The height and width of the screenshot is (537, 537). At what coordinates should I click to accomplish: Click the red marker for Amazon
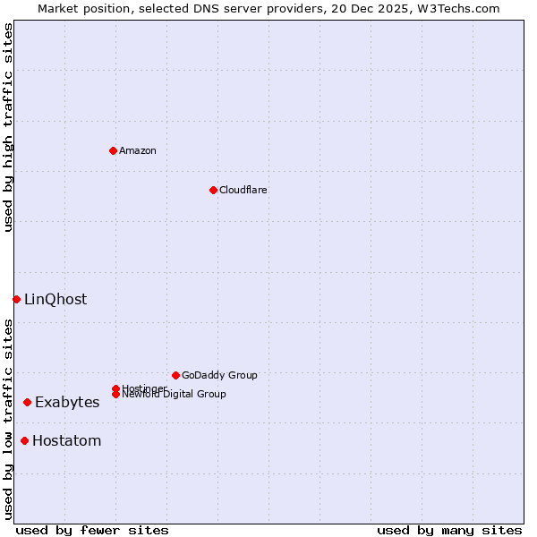(113, 150)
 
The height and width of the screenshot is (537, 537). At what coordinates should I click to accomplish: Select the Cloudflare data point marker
(213, 190)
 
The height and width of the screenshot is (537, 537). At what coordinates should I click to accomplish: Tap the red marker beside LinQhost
(16, 299)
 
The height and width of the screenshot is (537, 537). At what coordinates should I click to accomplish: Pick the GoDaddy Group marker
(175, 375)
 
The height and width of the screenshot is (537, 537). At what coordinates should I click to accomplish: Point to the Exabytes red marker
(27, 403)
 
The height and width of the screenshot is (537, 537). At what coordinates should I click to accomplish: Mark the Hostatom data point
(24, 440)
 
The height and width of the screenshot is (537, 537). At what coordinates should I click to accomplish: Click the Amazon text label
(138, 150)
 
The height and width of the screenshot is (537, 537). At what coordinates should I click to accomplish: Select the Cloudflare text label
(243, 190)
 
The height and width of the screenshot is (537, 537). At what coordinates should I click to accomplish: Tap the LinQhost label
(55, 299)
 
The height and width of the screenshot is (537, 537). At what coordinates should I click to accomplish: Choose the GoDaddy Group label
(219, 375)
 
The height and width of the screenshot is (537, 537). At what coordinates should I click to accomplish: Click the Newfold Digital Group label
(174, 395)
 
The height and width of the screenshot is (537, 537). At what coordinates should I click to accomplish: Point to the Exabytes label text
(67, 403)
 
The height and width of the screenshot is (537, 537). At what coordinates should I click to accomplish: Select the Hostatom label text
(67, 440)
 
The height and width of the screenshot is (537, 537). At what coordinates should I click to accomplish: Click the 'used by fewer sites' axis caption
(92, 530)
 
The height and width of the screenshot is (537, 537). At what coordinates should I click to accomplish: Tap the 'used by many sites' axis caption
(449, 530)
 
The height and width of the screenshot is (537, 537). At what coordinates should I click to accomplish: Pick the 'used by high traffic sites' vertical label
(8, 127)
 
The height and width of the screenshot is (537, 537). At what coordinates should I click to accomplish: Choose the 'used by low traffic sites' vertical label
(8, 419)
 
